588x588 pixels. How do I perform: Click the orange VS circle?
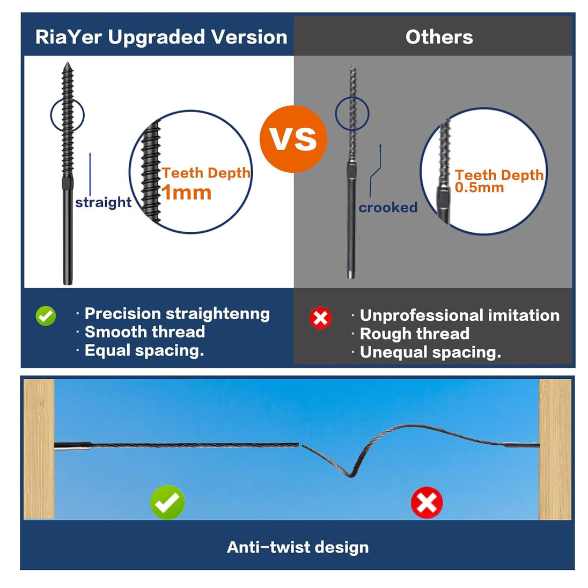click(293, 138)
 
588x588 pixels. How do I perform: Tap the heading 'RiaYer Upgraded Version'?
click(161, 37)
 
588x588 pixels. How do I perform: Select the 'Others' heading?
click(439, 37)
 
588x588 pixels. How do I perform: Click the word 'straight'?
click(104, 202)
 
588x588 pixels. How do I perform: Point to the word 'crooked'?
click(388, 208)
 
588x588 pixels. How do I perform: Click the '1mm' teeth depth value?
click(187, 193)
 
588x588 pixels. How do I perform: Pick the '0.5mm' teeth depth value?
click(479, 187)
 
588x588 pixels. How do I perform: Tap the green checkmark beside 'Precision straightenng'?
click(46, 315)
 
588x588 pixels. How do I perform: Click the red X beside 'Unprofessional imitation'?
click(320, 318)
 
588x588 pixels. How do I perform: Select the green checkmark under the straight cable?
click(167, 502)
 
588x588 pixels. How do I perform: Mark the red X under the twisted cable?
click(427, 503)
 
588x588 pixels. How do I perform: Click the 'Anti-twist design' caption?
click(298, 547)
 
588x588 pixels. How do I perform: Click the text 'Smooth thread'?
click(145, 332)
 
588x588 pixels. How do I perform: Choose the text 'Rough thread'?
click(415, 334)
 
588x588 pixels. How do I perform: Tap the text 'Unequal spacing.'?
click(430, 352)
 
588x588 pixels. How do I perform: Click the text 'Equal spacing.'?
click(144, 350)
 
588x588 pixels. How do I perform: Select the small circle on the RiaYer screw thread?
click(68, 114)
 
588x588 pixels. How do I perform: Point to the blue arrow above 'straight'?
click(90, 172)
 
